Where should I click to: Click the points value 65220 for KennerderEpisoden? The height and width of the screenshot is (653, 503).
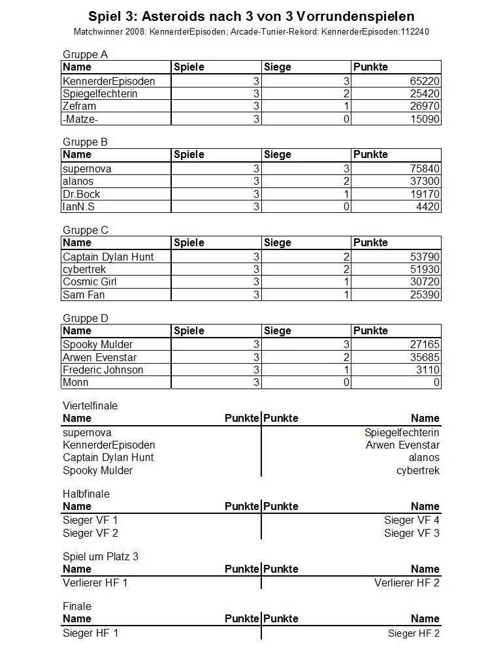click(x=424, y=81)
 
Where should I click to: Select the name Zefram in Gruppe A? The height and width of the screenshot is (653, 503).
click(x=79, y=106)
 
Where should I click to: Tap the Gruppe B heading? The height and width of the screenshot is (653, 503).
click(x=85, y=142)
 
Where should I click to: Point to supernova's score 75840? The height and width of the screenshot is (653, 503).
click(x=424, y=169)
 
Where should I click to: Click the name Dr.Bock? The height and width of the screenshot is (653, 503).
click(x=82, y=195)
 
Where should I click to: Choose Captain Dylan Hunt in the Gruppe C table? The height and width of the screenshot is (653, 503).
click(x=108, y=257)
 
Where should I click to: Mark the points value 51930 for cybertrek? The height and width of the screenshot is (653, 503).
click(x=424, y=270)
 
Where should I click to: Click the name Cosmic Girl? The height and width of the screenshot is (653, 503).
click(x=90, y=282)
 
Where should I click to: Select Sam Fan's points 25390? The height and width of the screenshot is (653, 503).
click(x=424, y=295)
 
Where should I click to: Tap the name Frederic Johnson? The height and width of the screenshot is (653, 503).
click(x=103, y=370)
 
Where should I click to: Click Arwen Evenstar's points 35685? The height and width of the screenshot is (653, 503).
click(x=424, y=358)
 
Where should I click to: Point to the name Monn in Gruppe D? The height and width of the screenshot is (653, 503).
click(x=76, y=383)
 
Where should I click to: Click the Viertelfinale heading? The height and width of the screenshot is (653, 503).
click(x=90, y=406)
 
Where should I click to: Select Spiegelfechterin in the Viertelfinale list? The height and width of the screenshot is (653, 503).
click(x=402, y=433)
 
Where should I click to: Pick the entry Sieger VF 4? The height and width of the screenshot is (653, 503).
click(x=412, y=520)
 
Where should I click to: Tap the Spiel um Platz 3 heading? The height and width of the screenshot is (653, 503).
click(x=101, y=557)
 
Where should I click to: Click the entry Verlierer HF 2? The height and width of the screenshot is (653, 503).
click(x=407, y=582)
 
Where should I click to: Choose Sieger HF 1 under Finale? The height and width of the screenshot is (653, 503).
click(x=91, y=633)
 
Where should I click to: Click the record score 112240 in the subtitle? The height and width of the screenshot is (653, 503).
click(x=413, y=31)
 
